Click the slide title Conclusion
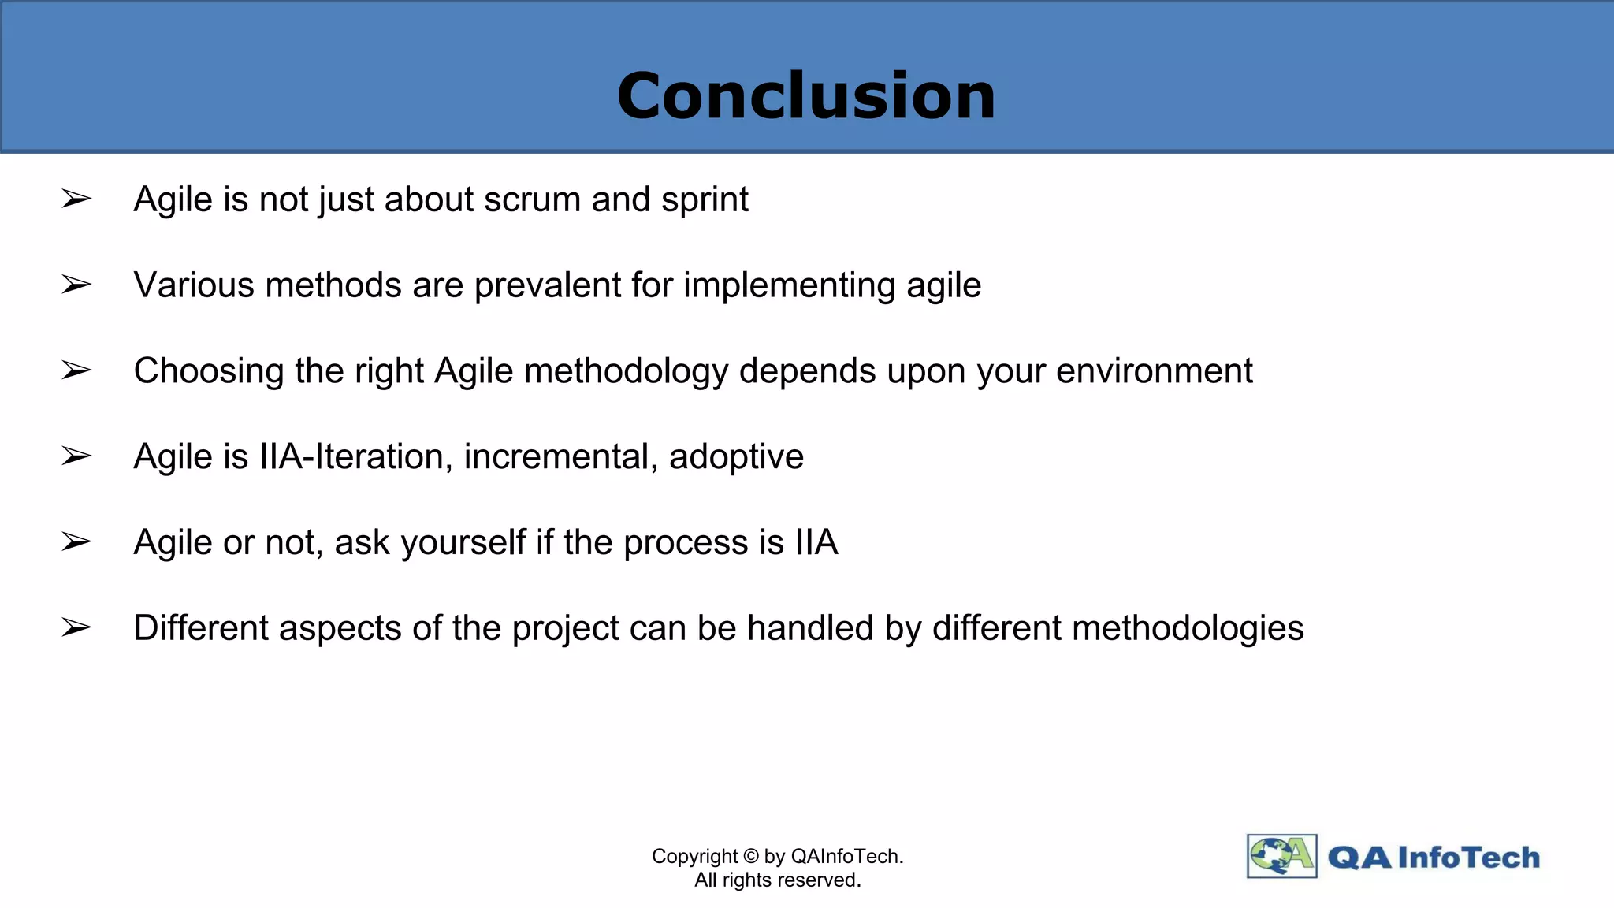(806, 96)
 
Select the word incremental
(560, 457)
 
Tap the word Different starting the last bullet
(200, 629)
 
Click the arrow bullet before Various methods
(76, 285)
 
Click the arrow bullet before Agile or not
(76, 542)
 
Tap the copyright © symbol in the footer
(750, 857)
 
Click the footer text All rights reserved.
(777, 880)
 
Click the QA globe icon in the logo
(1281, 856)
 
